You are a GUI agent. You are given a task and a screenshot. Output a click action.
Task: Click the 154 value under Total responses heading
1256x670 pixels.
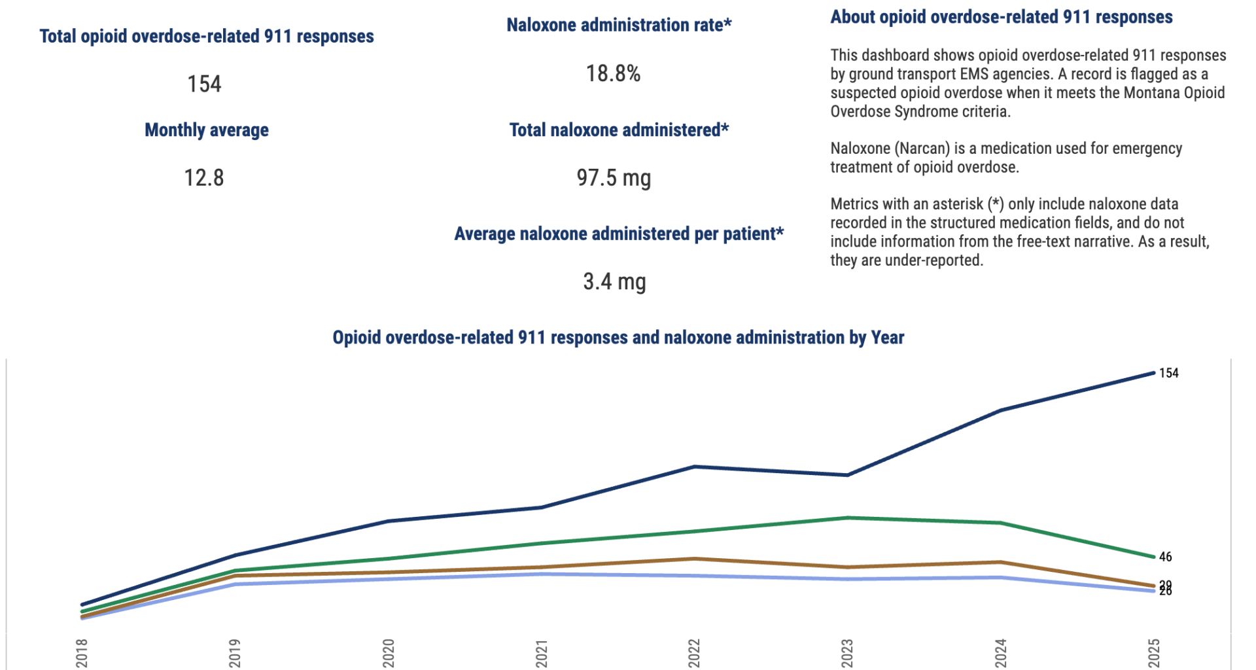click(x=204, y=84)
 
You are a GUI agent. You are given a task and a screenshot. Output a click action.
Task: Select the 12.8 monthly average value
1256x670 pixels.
click(x=204, y=177)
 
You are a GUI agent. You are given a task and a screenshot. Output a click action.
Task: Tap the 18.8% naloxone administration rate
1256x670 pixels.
click(x=613, y=73)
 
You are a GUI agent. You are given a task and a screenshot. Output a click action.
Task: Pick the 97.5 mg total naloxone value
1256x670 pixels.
click(x=614, y=177)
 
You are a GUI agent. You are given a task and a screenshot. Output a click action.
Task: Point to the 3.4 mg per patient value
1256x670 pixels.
click(x=614, y=281)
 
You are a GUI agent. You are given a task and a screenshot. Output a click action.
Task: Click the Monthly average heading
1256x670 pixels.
click(x=207, y=130)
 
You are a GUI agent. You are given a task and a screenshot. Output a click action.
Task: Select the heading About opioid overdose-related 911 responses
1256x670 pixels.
click(x=1001, y=17)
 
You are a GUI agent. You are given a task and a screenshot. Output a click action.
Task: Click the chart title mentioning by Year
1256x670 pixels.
click(x=618, y=338)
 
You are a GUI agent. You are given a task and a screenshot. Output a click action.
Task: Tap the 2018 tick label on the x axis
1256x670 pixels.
click(x=82, y=653)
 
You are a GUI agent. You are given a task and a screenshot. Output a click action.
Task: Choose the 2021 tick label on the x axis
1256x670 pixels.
click(x=542, y=653)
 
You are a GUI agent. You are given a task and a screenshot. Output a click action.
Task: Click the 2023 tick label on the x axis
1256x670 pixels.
click(x=847, y=653)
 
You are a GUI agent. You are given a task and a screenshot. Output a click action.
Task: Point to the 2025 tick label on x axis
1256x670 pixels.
click(x=1154, y=653)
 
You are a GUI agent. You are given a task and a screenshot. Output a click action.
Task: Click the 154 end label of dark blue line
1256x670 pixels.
click(x=1168, y=373)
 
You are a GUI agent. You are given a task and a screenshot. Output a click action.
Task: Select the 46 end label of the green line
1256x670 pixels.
click(x=1165, y=557)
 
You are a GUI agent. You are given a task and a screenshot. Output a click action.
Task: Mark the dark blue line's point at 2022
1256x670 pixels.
click(x=694, y=467)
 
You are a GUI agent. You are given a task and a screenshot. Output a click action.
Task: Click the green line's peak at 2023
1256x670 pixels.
click(x=847, y=518)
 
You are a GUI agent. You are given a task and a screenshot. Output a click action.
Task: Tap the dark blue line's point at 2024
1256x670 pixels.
click(x=1000, y=410)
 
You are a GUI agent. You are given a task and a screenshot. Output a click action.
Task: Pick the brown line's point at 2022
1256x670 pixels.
click(x=694, y=559)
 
